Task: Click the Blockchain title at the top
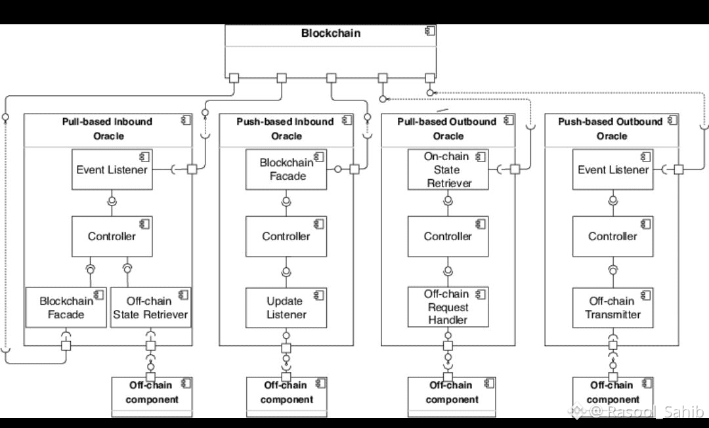(x=331, y=33)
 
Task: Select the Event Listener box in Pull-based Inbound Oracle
(x=112, y=170)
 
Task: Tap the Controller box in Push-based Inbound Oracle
(x=286, y=236)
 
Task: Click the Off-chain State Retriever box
(x=150, y=308)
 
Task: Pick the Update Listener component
(x=286, y=308)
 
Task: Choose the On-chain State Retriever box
(x=448, y=170)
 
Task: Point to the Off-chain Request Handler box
(x=448, y=307)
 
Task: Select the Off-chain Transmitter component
(x=612, y=308)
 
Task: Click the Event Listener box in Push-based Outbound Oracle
(x=612, y=170)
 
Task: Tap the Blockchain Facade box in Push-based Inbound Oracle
(x=286, y=169)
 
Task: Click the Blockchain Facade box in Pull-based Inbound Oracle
(x=66, y=308)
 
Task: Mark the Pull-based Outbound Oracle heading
(x=448, y=129)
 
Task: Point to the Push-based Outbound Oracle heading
(x=611, y=129)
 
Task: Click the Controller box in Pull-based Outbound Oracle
(x=448, y=236)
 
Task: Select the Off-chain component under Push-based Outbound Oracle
(x=612, y=393)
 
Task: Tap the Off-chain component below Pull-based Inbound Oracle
(x=152, y=393)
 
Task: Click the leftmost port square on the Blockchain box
(x=234, y=78)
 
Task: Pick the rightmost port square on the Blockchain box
(x=430, y=78)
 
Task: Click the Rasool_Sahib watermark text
(x=647, y=412)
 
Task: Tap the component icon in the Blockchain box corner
(x=430, y=31)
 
